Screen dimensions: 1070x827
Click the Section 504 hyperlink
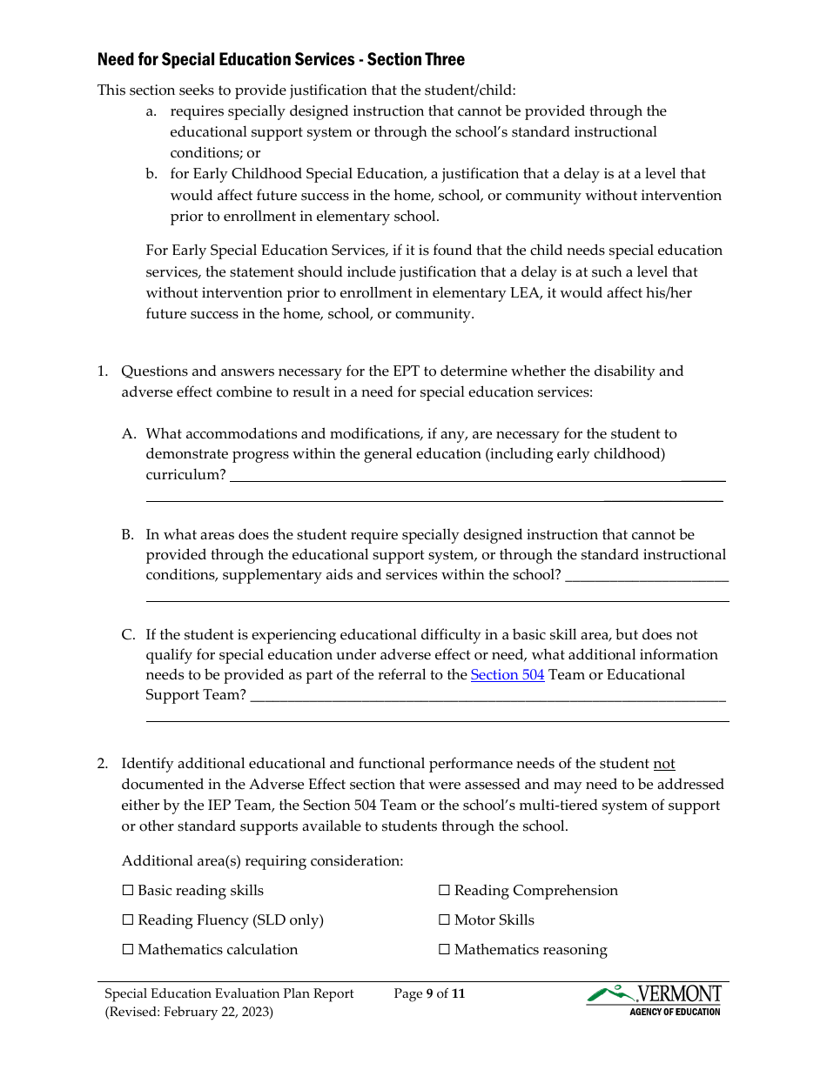click(x=508, y=675)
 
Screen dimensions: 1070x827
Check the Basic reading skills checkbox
click(x=128, y=891)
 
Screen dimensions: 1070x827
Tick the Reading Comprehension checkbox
click(x=444, y=891)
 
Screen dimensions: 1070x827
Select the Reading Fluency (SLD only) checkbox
click(x=128, y=920)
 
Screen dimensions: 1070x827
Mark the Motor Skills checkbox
click(x=444, y=920)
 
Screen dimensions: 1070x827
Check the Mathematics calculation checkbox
click(x=128, y=950)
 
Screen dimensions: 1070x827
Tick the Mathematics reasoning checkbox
click(x=444, y=950)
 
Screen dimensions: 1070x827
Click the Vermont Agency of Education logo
click(x=655, y=1000)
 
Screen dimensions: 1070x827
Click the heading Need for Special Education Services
click(x=280, y=60)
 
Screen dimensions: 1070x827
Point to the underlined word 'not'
click(x=664, y=764)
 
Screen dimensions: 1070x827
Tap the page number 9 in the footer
click(x=430, y=993)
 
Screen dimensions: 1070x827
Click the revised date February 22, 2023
click(x=219, y=1012)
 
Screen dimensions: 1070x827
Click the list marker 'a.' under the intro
click(x=151, y=111)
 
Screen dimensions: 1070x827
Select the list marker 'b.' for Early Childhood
click(x=151, y=174)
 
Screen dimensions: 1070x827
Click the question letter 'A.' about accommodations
click(x=129, y=434)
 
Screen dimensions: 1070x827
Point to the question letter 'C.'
click(x=129, y=635)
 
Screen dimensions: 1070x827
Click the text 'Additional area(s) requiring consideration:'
click(x=262, y=861)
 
